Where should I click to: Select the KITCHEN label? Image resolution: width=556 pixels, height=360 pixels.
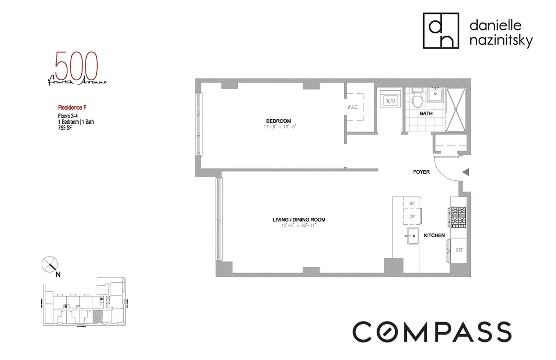pyautogui.click(x=435, y=236)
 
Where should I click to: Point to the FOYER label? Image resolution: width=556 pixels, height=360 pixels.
pyautogui.click(x=422, y=172)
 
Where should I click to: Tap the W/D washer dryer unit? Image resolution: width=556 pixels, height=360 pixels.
pyautogui.click(x=387, y=101)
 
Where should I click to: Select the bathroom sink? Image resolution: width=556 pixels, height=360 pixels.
pyautogui.click(x=435, y=95)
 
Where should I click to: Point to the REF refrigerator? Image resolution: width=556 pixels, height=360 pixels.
pyautogui.click(x=459, y=250)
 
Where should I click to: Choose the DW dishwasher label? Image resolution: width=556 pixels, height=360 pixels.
pyautogui.click(x=411, y=215)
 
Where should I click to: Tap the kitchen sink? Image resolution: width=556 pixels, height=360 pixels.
pyautogui.click(x=411, y=237)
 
